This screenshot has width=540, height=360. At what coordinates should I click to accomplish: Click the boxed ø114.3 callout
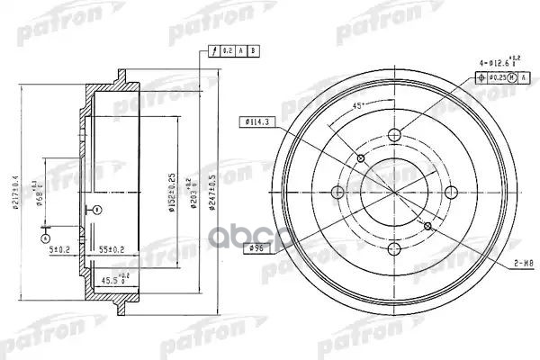point(259,122)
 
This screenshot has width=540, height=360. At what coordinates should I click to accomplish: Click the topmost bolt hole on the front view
point(394,136)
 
